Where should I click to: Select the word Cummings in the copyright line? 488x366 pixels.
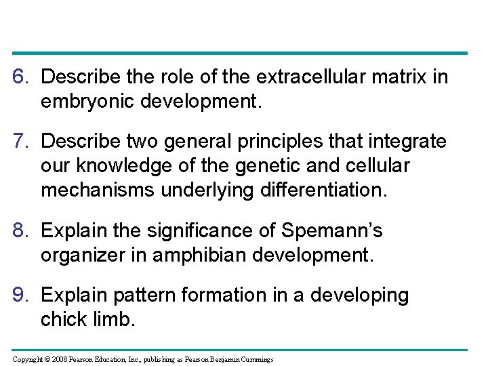258,358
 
